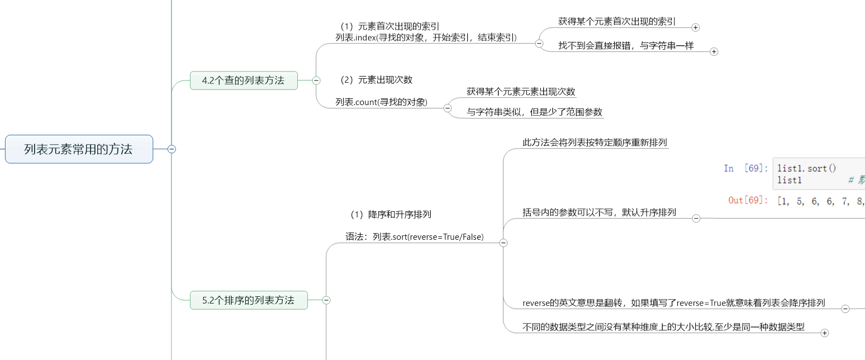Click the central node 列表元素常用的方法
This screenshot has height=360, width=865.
point(79,149)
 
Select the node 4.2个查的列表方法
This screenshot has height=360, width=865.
point(243,80)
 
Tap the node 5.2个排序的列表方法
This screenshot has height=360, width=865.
point(248,300)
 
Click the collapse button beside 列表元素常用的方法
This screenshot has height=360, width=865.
point(172,149)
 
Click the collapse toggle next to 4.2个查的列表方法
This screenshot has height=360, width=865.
point(316,80)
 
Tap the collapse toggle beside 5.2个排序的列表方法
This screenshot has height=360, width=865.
point(327,300)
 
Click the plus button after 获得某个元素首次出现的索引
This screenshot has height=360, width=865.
point(696,27)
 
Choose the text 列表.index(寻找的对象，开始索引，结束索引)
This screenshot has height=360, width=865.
point(426,37)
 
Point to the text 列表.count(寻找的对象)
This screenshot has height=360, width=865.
point(381,102)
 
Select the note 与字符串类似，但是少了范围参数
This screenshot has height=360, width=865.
point(535,112)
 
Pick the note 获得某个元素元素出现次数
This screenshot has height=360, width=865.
point(521,92)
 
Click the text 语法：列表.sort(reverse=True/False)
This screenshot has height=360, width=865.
point(414,237)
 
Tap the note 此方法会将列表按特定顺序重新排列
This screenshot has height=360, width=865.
point(595,143)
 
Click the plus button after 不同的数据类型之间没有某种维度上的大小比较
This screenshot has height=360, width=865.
point(824,333)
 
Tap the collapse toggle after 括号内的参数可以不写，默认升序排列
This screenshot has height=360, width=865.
point(696,219)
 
